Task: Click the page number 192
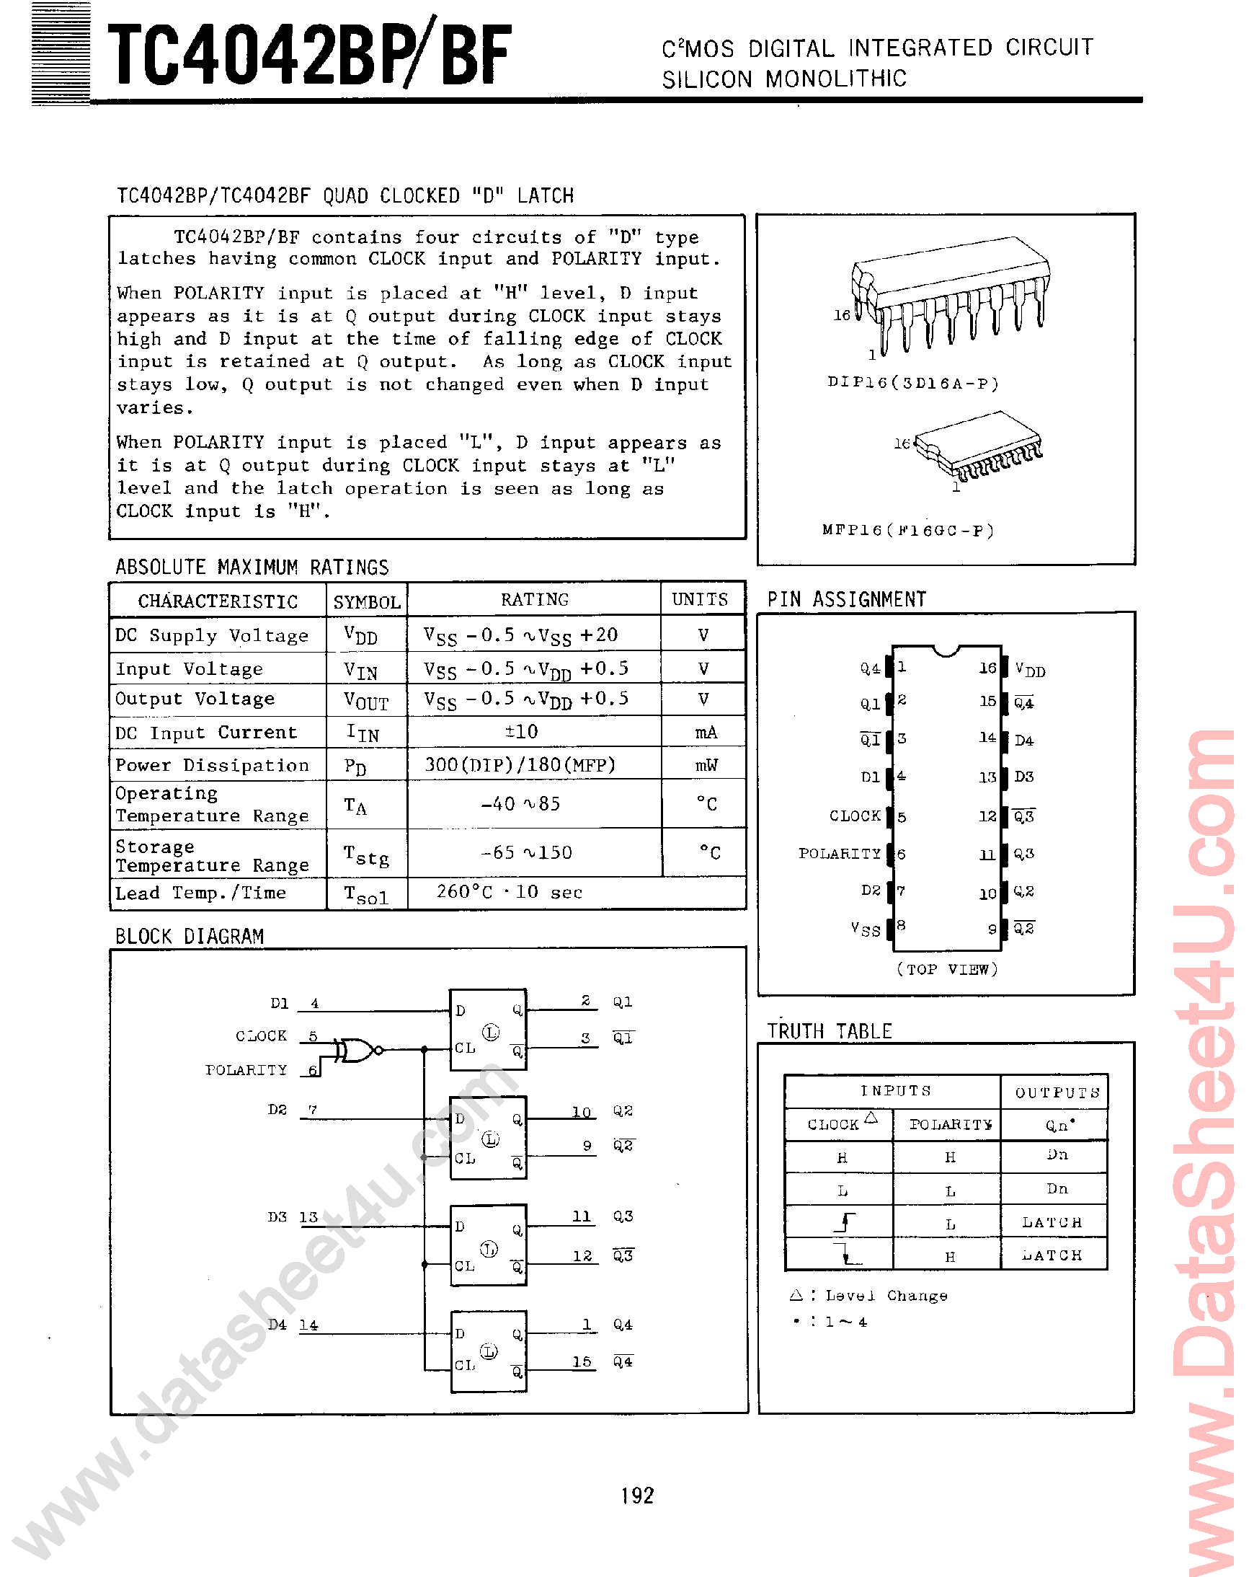637,1496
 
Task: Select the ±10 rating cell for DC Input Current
520,731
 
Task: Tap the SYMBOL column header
366,602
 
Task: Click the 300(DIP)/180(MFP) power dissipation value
520,765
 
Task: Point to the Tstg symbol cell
366,854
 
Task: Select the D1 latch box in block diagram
488,1029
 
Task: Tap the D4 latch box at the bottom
488,1351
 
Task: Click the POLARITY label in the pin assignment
840,854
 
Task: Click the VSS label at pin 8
865,929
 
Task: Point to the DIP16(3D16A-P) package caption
912,383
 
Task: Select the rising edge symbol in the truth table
845,1222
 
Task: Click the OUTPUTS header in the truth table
1057,1092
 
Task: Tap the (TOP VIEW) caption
946,969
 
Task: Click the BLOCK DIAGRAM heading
190,936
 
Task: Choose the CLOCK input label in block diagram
261,1035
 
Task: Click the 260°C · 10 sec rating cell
509,892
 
